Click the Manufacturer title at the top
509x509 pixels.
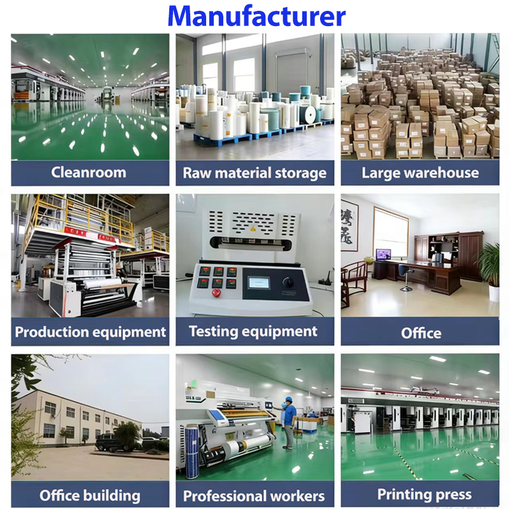pos(256,16)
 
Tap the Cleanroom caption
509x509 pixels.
pos(88,172)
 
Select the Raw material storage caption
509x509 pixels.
pos(254,173)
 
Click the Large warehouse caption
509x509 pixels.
pos(420,172)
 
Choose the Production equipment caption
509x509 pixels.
pos(90,331)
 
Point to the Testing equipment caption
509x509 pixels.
pos(253,331)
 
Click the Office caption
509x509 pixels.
pos(421,333)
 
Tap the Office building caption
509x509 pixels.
pos(90,495)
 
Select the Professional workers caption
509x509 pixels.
pos(254,496)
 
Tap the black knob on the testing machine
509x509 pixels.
pos(288,282)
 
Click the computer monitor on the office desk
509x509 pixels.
pos(383,254)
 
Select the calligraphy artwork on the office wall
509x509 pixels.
pos(349,225)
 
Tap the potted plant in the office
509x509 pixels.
pos(490,267)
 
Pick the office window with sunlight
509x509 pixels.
pos(390,230)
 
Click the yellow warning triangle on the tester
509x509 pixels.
pos(251,228)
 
